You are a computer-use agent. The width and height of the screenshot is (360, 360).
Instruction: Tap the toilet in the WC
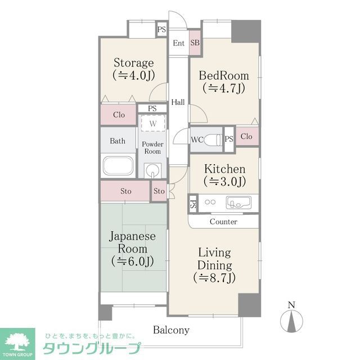click(213, 139)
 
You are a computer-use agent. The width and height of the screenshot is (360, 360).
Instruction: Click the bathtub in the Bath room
click(118, 166)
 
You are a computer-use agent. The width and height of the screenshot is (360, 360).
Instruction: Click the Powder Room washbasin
click(152, 169)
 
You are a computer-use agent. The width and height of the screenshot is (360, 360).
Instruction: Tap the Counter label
click(223, 222)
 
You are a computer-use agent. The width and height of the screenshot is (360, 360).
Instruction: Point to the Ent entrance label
click(179, 43)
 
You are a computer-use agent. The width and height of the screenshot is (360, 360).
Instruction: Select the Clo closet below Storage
click(119, 115)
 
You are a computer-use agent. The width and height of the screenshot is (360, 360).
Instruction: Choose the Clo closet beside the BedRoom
click(246, 137)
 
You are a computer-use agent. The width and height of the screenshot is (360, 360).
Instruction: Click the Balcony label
click(171, 330)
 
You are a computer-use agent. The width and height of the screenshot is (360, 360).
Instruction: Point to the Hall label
click(178, 102)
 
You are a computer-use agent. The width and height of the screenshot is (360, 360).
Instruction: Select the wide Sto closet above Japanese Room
click(126, 191)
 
